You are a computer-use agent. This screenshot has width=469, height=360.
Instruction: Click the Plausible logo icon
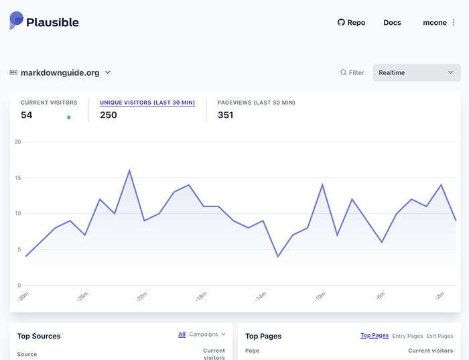coord(16,21)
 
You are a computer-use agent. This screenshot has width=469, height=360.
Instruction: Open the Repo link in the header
coord(352,23)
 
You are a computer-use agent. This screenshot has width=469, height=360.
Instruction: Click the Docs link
coord(392,23)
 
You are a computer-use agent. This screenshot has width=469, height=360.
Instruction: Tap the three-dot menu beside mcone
coord(454,23)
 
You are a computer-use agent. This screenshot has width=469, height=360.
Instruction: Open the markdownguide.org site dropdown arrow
coord(108,72)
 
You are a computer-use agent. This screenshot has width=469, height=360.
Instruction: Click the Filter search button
coord(352,72)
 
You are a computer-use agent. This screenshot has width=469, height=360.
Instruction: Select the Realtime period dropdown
coord(416,72)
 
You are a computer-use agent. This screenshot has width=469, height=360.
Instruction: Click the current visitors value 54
coord(27,115)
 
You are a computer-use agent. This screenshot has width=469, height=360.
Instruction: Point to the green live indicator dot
coord(69,117)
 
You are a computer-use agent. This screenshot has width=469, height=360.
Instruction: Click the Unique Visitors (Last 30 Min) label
coord(147,103)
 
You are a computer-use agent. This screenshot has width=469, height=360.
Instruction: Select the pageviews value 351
coord(225,115)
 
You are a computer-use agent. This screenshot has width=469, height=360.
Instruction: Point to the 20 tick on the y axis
coord(18,142)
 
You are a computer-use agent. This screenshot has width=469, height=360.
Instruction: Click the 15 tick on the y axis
coord(18,178)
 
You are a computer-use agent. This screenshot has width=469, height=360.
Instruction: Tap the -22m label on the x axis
coord(141,296)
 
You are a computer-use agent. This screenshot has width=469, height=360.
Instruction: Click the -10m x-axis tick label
coord(319,296)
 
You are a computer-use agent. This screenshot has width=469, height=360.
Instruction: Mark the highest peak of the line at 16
coord(129,170)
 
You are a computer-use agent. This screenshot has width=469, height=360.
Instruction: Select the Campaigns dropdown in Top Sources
coord(208,334)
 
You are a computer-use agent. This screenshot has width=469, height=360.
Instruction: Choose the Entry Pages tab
coord(408,336)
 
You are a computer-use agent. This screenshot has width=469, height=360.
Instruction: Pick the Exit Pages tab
coord(440,336)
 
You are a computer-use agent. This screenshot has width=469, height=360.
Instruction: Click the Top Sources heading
coord(39,336)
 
